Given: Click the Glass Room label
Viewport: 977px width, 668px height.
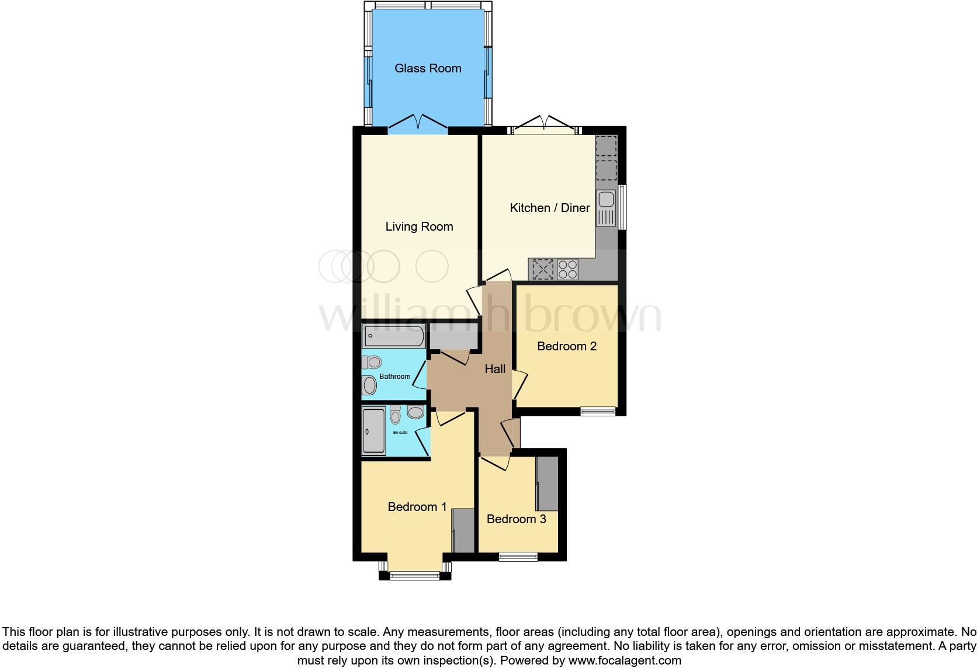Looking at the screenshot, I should pos(428,68).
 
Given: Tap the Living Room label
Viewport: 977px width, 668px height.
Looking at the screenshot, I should pos(419,227).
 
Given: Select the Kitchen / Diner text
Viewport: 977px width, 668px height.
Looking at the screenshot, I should pos(549,208).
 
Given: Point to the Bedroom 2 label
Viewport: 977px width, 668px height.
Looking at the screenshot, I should pos(566,346).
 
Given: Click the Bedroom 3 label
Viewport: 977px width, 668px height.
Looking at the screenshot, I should pos(516,519).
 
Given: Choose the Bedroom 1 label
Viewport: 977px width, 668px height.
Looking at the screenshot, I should pos(417,507).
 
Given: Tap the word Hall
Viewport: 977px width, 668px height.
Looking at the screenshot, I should pos(495,369).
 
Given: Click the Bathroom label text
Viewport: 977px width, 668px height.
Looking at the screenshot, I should pos(394,377).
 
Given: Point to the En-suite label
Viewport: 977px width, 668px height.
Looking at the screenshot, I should pos(400,433).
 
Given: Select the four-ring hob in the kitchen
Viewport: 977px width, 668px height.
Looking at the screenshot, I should pos(568,269).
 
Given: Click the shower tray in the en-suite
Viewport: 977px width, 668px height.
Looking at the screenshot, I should pos(373,432).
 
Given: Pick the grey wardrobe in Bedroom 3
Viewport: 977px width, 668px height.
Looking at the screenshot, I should pos(548,483).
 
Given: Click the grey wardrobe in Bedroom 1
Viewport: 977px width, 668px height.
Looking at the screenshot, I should pos(463,530).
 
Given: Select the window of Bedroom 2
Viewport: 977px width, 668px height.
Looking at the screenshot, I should pos(598,412).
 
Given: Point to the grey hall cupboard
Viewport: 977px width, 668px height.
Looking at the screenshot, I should pos(453,336).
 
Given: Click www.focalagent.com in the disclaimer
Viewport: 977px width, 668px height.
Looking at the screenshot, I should pos(625,661).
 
